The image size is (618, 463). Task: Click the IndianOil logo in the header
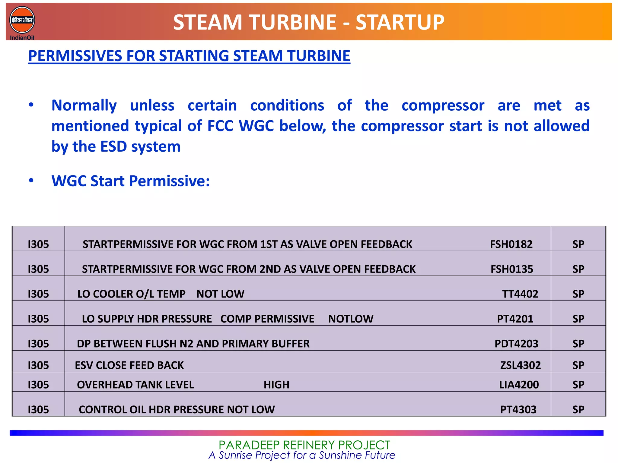[22, 21]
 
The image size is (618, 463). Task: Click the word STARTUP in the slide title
[400, 23]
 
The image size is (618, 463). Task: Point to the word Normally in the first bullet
[84, 106]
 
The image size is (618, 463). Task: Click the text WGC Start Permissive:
[130, 181]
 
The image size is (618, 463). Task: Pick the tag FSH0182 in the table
[511, 244]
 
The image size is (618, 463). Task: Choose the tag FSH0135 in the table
[512, 269]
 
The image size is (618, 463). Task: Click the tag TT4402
[520, 294]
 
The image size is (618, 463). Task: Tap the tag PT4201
[515, 319]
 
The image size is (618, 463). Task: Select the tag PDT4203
[516, 344]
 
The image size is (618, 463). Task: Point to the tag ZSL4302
[520, 365]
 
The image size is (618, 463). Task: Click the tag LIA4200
[519, 385]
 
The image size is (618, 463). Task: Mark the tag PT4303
[518, 410]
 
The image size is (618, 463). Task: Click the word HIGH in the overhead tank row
[276, 385]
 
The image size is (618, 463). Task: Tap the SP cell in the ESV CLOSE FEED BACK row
[578, 365]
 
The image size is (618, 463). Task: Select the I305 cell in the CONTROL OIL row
[38, 410]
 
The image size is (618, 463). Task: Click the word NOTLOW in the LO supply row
[351, 319]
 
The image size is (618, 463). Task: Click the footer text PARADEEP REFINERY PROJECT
[304, 445]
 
